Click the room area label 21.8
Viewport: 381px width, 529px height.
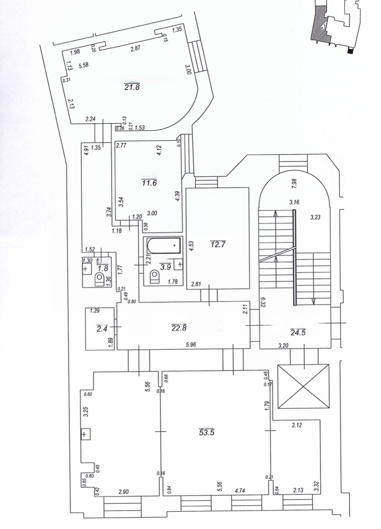pyautogui.click(x=132, y=87)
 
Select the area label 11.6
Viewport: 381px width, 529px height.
pyautogui.click(x=149, y=183)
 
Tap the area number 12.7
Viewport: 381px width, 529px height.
pyautogui.click(x=218, y=244)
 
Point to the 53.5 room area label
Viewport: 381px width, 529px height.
pyautogui.click(x=207, y=432)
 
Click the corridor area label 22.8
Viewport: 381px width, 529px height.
pyautogui.click(x=179, y=328)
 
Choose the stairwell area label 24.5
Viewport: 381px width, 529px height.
pyautogui.click(x=298, y=332)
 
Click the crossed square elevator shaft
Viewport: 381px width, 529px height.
pyautogui.click(x=303, y=387)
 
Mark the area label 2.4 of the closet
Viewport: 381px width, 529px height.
pyautogui.click(x=102, y=328)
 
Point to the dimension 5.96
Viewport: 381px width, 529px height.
pyautogui.click(x=191, y=345)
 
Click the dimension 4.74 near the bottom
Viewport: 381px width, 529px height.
pyautogui.click(x=239, y=491)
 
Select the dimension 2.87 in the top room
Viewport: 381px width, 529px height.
pyautogui.click(x=135, y=48)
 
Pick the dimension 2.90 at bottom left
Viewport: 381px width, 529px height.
pyautogui.click(x=123, y=492)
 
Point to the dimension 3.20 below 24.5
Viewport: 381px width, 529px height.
pyautogui.click(x=283, y=346)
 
